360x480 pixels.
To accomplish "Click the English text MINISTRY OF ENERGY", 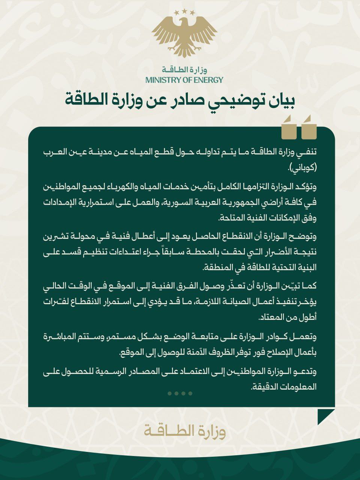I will [184, 80].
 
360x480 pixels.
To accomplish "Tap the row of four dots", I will [180, 393].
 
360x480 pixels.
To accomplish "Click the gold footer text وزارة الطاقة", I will [184, 432].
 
